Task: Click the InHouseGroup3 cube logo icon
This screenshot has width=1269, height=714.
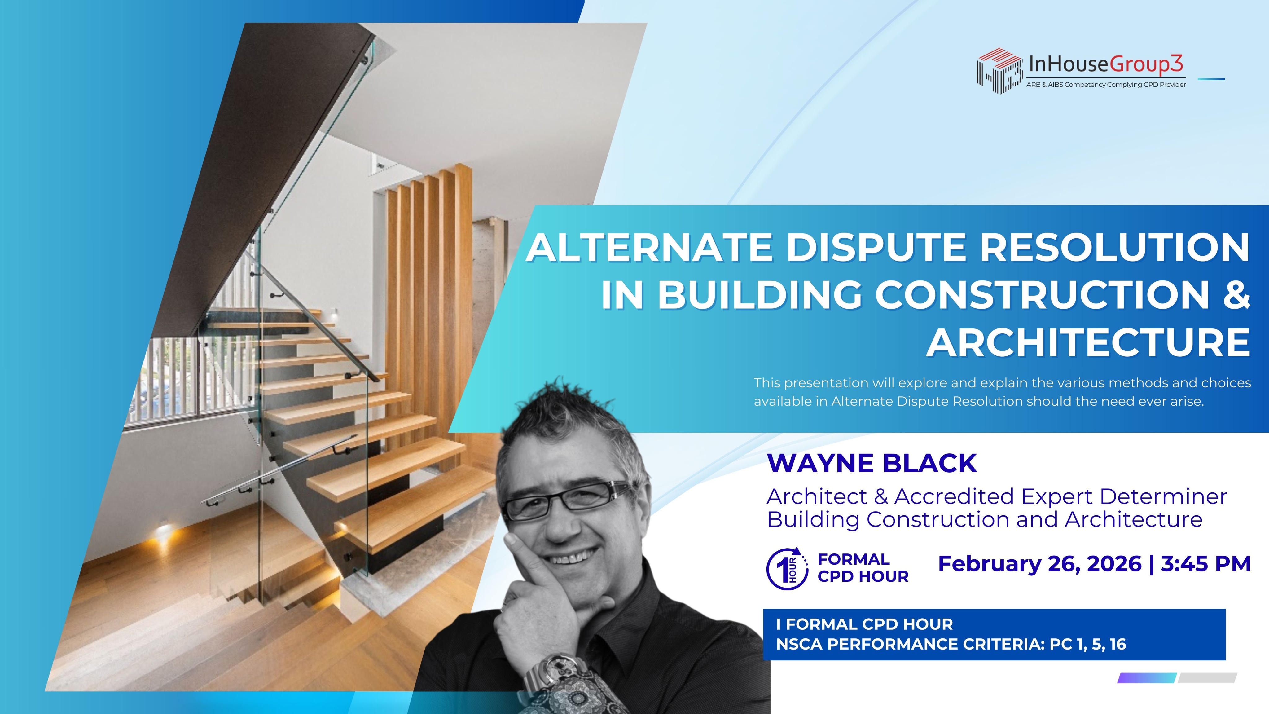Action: (999, 70)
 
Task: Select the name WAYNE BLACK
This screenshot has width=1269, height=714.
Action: (872, 463)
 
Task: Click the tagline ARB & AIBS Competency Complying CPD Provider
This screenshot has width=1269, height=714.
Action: (1106, 85)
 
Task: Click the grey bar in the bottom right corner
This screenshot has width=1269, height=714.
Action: (1207, 678)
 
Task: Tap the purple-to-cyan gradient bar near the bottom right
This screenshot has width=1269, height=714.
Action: (1147, 678)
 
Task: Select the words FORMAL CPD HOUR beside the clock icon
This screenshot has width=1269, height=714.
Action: (863, 568)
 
